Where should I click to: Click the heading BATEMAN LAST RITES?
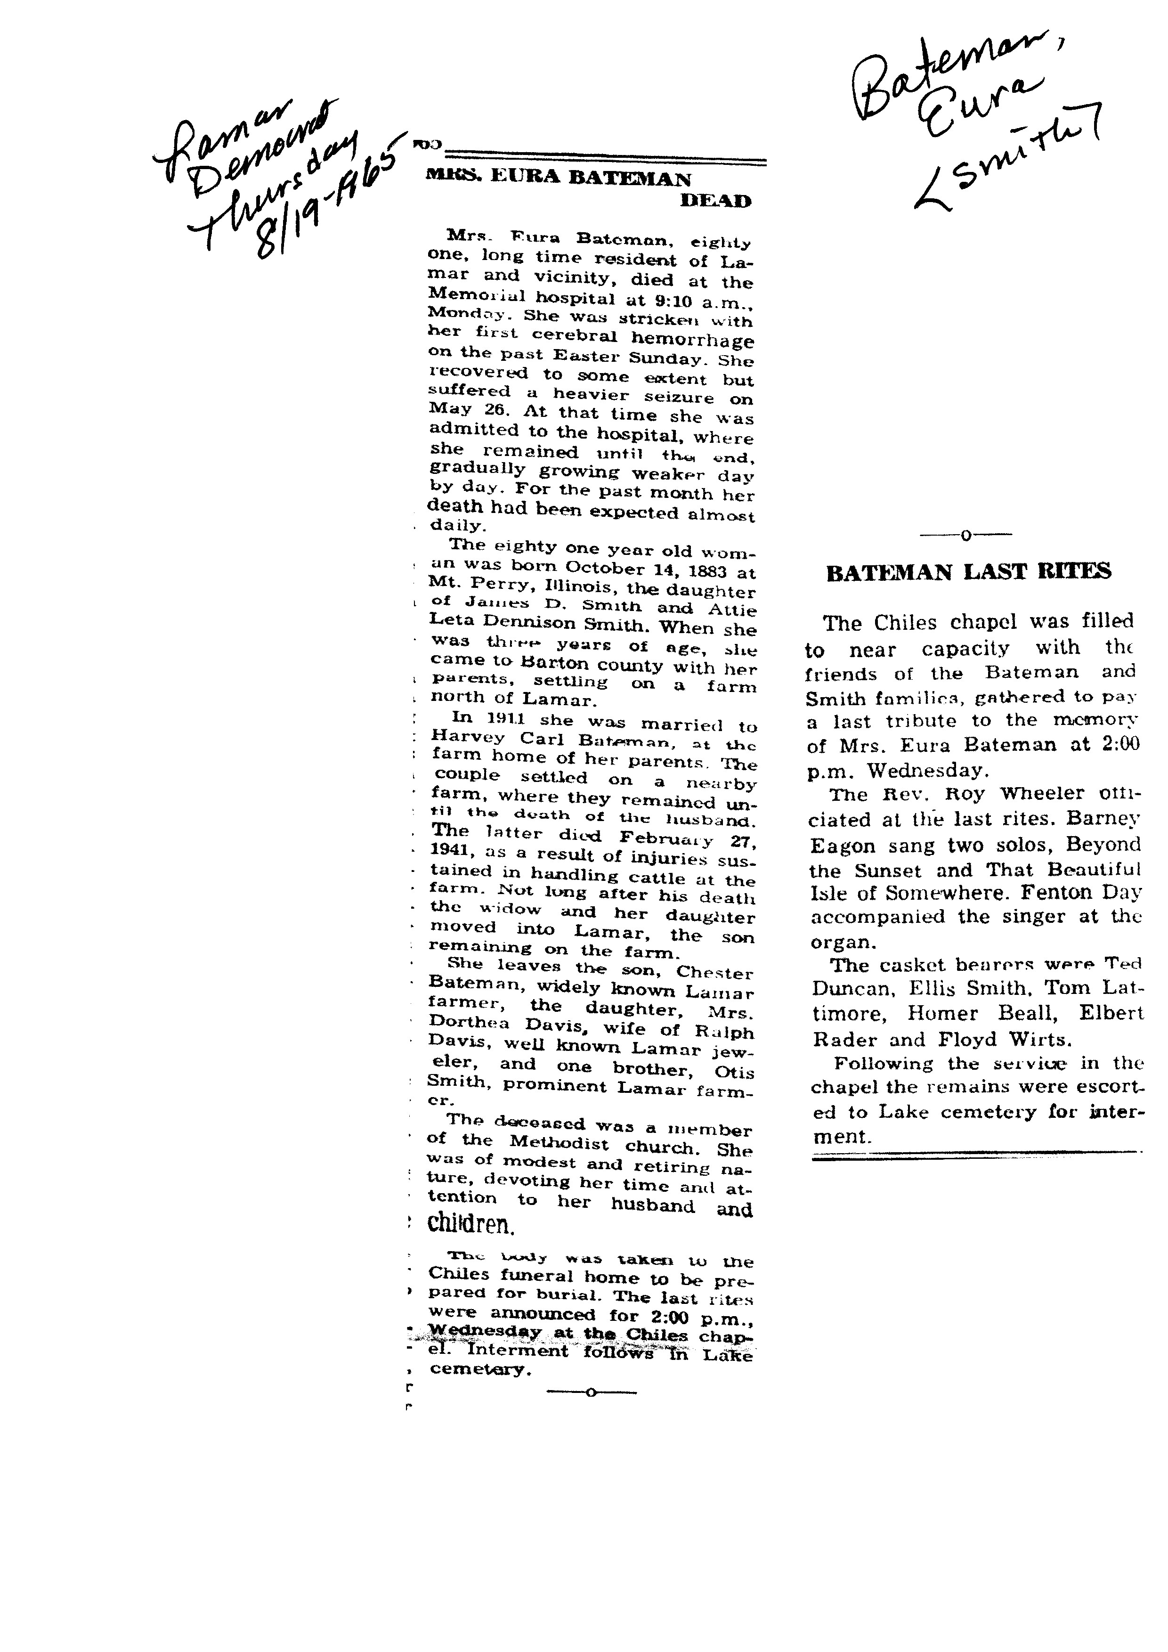coord(968,572)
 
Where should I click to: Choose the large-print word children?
coord(470,1222)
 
